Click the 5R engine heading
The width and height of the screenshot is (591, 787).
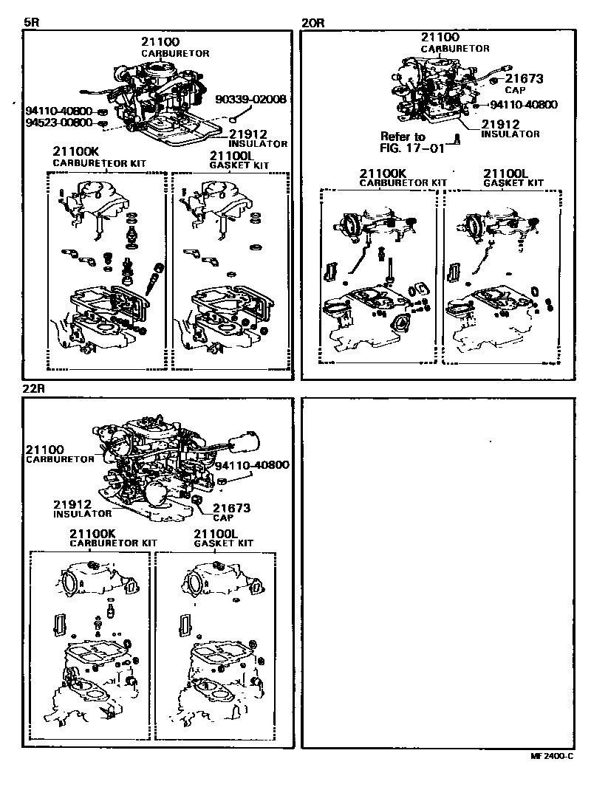pyautogui.click(x=31, y=22)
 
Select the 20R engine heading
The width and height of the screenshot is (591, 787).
pyautogui.click(x=314, y=22)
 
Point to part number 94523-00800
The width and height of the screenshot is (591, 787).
pyautogui.click(x=60, y=123)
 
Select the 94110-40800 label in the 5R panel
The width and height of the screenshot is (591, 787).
pyautogui.click(x=60, y=111)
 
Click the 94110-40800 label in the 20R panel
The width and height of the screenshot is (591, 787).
pyautogui.click(x=523, y=105)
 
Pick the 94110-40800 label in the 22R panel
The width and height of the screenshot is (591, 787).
pyautogui.click(x=252, y=465)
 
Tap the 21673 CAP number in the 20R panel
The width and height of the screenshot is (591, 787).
pyautogui.click(x=520, y=78)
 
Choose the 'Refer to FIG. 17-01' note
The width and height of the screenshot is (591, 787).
pyautogui.click(x=403, y=141)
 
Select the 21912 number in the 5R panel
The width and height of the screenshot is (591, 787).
pyautogui.click(x=247, y=134)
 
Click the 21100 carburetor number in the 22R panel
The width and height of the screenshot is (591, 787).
pyautogui.click(x=45, y=449)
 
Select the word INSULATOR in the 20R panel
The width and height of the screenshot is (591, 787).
pyautogui.click(x=510, y=134)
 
